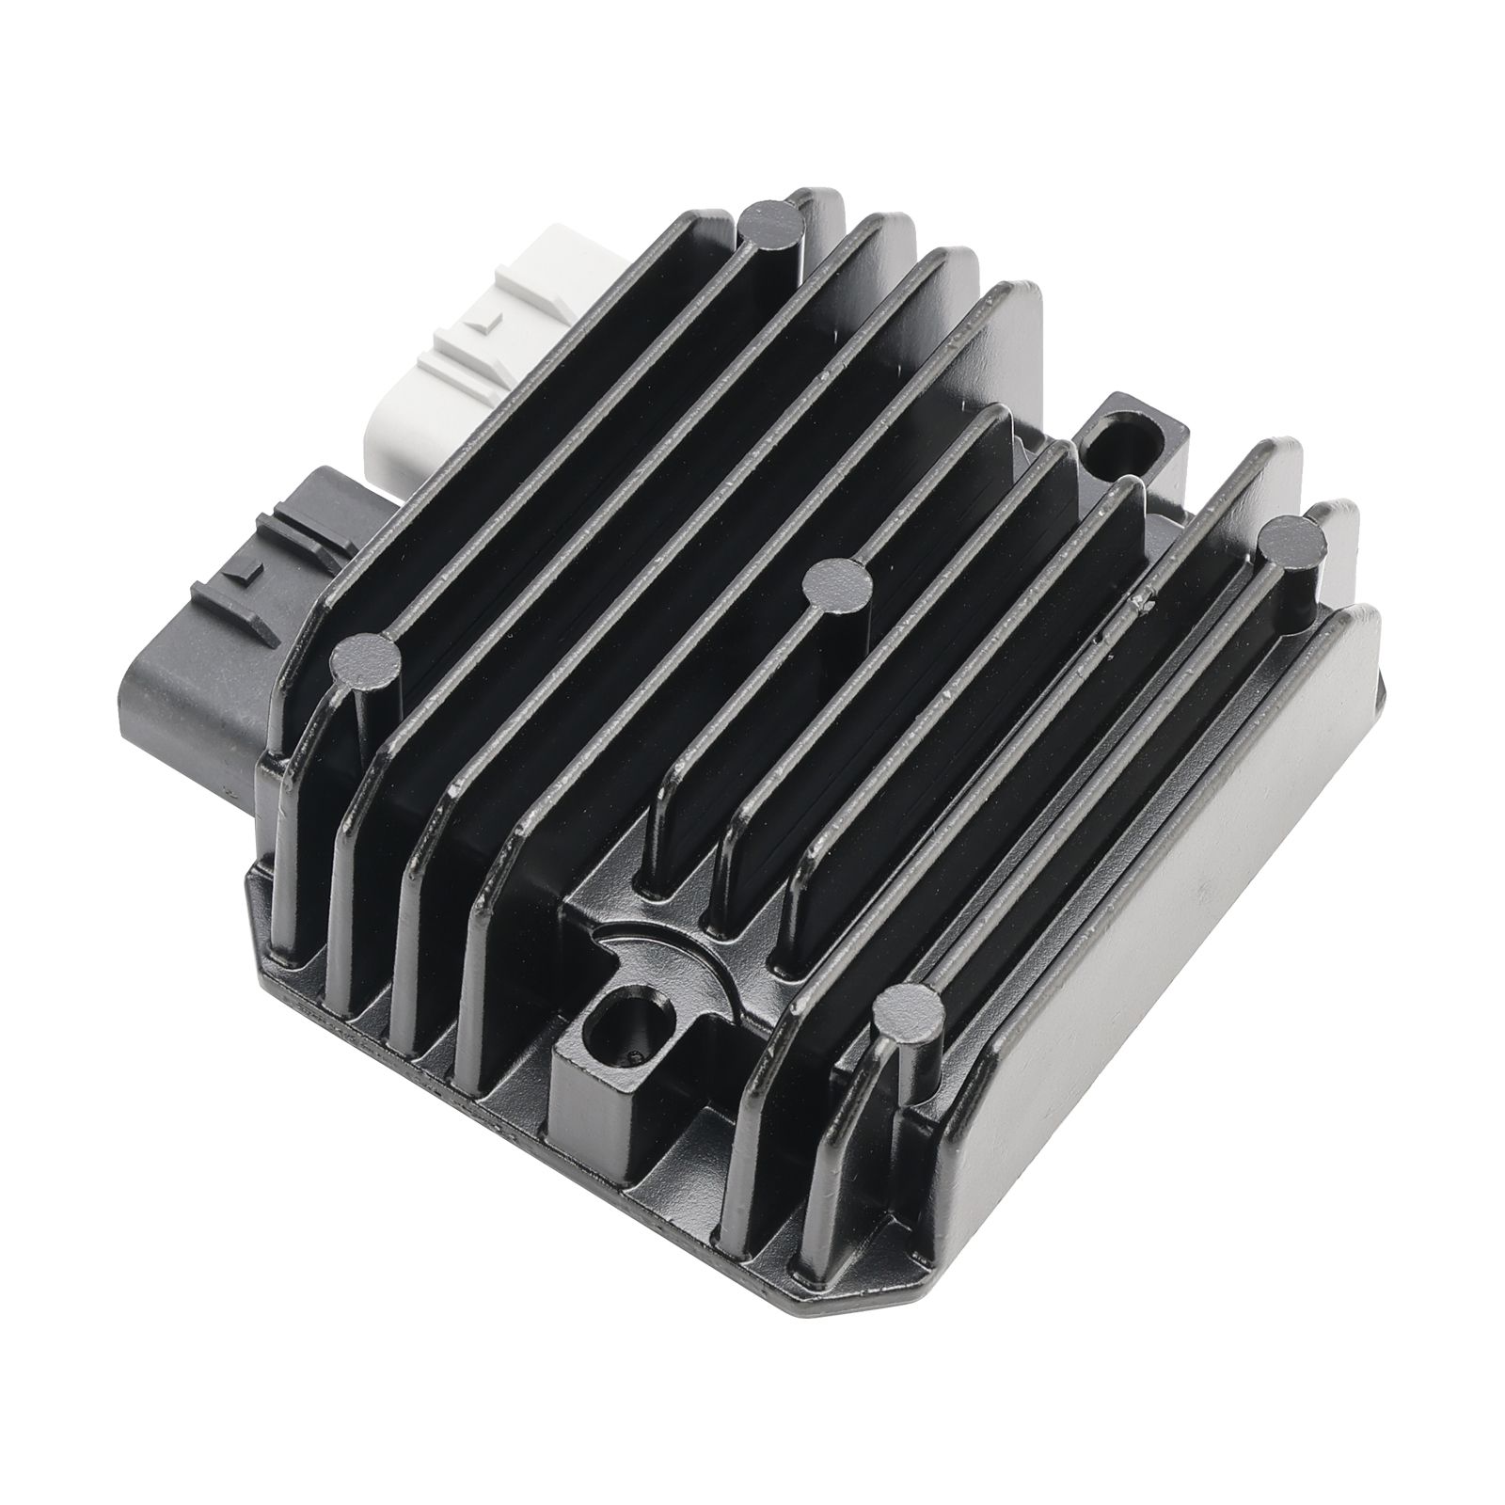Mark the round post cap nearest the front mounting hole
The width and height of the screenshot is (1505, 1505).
[908, 1016]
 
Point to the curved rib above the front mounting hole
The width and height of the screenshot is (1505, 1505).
[658, 950]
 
